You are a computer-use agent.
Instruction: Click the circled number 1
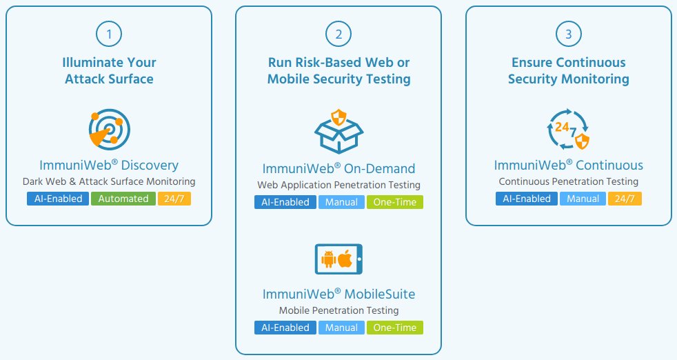coord(109,33)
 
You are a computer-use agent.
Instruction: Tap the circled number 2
coord(338,33)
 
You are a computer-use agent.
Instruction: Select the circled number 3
coord(568,33)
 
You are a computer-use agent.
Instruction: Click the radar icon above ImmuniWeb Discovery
coord(109,129)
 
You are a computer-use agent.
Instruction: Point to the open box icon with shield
coord(338,131)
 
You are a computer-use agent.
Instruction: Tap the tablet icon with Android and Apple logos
coord(338,259)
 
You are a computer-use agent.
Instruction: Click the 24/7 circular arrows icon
coord(568,129)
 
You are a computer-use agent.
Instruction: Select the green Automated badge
coord(123,199)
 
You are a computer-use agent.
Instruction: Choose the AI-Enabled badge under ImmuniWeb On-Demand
coord(285,202)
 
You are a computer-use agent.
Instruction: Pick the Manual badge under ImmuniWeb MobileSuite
coord(341,328)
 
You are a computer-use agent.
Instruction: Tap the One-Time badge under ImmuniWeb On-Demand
coord(394,202)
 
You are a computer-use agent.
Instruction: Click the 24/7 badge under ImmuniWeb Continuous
coord(625,199)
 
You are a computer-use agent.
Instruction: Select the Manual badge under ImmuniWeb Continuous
coord(583,199)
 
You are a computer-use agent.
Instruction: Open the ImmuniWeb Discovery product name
coord(109,165)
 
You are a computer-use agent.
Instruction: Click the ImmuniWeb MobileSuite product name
coord(338,294)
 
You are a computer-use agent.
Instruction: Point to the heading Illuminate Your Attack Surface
coord(109,70)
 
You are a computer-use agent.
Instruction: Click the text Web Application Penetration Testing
coord(338,185)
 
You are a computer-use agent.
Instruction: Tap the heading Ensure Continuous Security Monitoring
coord(568,70)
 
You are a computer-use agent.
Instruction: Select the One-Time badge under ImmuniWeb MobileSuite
coord(394,328)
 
